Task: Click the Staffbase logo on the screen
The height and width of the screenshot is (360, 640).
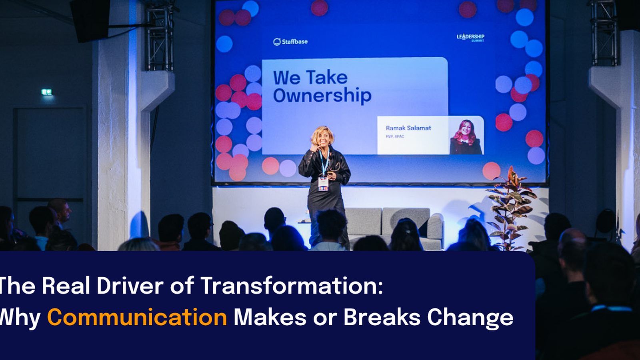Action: point(290,42)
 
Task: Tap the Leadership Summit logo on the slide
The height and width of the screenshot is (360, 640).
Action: point(470,38)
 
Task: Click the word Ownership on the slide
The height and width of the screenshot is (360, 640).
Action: point(322,96)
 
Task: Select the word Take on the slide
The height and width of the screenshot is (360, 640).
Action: point(327,78)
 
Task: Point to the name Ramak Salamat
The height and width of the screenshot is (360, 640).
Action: point(408,128)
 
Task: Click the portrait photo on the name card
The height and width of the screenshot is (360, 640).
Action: point(466,136)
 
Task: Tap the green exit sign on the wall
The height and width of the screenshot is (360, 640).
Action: point(47,92)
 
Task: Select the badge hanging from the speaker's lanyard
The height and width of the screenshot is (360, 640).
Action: point(323,184)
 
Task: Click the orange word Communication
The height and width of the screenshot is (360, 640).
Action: point(137,318)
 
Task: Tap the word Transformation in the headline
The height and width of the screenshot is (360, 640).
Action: point(291,286)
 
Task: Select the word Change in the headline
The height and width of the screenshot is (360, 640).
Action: point(470,318)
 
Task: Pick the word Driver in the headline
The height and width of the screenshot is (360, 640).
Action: point(130,286)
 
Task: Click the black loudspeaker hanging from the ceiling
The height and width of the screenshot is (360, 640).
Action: point(90,20)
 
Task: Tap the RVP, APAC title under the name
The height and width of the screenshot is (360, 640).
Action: point(395,136)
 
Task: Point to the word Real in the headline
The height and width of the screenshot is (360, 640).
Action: point(66,286)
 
